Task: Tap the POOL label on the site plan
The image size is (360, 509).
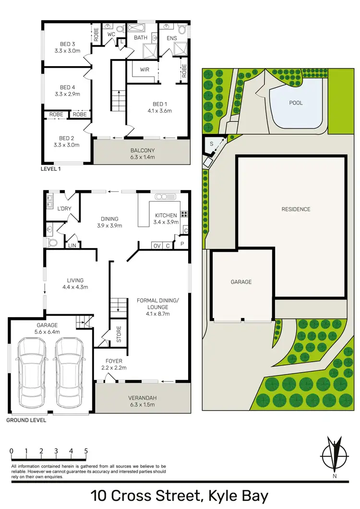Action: point(296,103)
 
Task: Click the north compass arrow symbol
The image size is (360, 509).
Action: point(334,453)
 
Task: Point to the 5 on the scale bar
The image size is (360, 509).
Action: point(86,451)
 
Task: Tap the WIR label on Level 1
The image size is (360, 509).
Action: point(145,70)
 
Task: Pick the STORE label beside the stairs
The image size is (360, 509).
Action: point(119,334)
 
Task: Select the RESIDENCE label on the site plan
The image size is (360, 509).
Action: point(296,209)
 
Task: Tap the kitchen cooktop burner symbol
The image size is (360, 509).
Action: point(184,214)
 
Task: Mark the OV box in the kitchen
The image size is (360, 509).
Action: point(156,246)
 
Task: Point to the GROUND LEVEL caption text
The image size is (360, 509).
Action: point(26,420)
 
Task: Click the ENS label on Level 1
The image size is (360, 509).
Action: point(172,38)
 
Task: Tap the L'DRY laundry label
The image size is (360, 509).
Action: point(64,209)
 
